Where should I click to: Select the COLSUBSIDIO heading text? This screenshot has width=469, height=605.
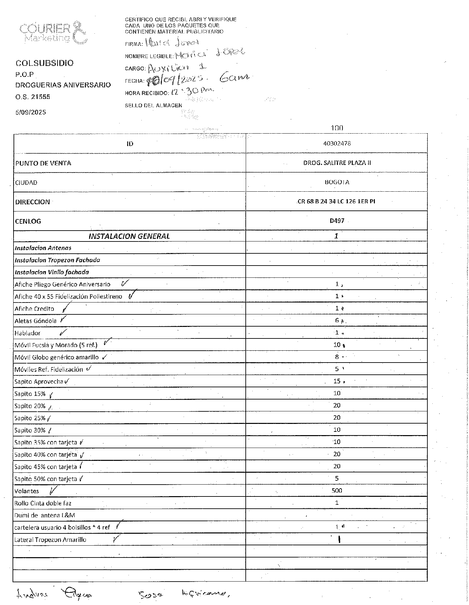point(45,63)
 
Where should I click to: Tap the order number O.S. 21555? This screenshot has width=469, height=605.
point(33,97)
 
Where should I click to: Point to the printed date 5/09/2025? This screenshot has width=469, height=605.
point(31,112)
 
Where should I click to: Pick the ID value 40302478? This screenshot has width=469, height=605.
point(337,143)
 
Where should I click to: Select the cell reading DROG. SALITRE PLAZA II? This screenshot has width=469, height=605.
point(337,163)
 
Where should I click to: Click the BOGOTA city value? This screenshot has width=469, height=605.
point(337,182)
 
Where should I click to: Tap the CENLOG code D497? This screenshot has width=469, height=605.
point(337,221)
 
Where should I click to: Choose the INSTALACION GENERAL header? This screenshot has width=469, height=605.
point(129,236)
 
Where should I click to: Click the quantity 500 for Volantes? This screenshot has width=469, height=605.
point(337,491)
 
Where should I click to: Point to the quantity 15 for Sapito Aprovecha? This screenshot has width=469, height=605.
point(337,381)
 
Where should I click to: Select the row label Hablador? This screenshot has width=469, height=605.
point(27,333)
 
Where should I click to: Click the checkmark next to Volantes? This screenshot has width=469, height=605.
point(53,491)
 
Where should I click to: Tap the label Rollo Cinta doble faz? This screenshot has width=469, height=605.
point(43,503)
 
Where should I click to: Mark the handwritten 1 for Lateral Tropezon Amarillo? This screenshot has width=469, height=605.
point(340,540)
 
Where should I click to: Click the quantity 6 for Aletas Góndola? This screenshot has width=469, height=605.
point(337,321)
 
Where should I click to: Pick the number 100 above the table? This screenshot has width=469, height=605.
point(337,128)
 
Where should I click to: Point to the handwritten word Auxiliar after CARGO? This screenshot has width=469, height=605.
point(168,68)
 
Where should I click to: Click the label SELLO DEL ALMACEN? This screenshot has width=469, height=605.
point(153,106)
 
